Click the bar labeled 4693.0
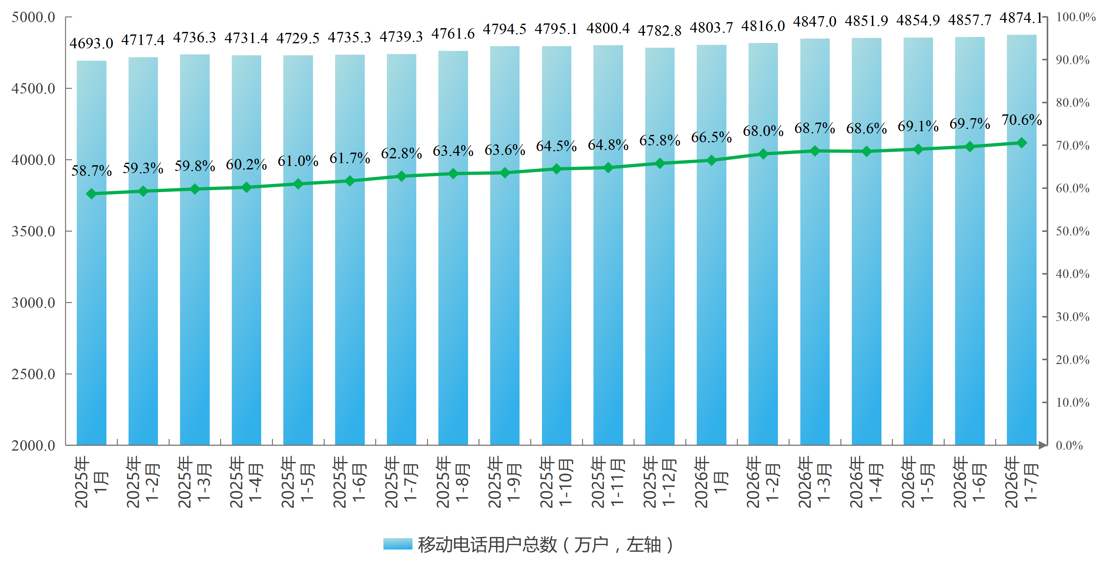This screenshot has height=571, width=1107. click(x=92, y=253)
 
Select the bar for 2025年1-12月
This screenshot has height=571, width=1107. click(x=660, y=246)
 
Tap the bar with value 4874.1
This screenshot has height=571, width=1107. click(x=1021, y=240)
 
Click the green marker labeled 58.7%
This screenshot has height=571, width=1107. click(x=92, y=194)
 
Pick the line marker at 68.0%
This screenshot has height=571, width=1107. click(x=763, y=154)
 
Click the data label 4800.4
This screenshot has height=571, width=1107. click(x=608, y=28)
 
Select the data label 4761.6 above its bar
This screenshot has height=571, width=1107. click(x=453, y=33)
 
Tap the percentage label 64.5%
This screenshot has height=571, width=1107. click(x=556, y=146)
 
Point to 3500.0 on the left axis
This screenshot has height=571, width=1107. click(x=33, y=231)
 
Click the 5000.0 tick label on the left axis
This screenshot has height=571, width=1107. click(x=33, y=17)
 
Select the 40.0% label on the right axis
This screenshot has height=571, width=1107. click(x=1073, y=274)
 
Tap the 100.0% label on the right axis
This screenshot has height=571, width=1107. click(x=1076, y=17)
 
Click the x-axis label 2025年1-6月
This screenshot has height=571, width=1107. click(x=349, y=482)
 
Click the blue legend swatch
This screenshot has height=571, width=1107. click(x=398, y=544)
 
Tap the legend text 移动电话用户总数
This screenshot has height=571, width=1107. click(x=487, y=545)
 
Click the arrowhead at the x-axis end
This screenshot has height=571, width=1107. click(x=1043, y=445)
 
